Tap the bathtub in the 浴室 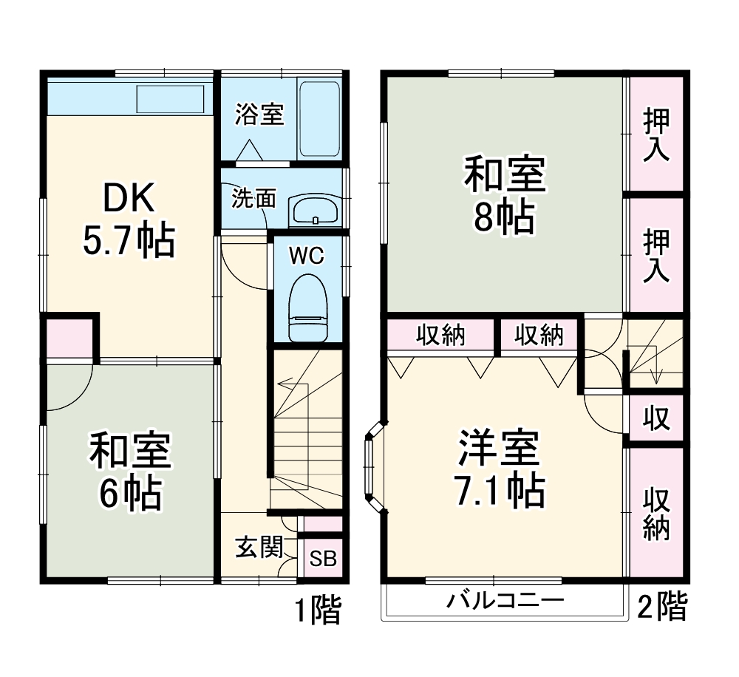tap(319, 118)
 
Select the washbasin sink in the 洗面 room tap(315, 211)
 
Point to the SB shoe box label tap(323, 559)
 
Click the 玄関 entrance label tap(259, 548)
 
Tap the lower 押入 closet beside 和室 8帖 tap(655, 255)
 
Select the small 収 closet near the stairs tap(655, 419)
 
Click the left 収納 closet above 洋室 tap(440, 336)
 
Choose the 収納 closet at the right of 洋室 tap(655, 513)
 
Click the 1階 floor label tap(319, 611)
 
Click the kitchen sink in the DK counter tap(170, 99)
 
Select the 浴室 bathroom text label tap(259, 115)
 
